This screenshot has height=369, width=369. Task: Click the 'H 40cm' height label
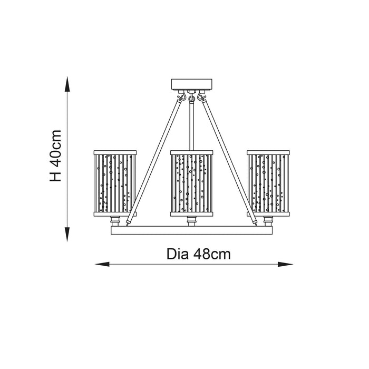(55, 156)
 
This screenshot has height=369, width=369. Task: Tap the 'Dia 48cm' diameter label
(199, 255)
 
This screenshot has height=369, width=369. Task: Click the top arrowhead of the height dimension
(67, 84)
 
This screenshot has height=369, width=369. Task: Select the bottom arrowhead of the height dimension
(67, 235)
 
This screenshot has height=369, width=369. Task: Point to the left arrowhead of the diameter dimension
(102, 264)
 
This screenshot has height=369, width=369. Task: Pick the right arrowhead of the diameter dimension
(285, 264)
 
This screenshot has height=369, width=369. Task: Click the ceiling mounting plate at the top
(191, 84)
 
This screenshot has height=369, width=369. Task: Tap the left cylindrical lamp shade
(115, 183)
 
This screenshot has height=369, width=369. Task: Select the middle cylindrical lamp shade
(191, 183)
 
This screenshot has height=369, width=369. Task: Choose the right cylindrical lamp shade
(268, 183)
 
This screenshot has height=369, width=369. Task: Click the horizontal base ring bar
(191, 230)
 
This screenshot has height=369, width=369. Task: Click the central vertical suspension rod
(191, 125)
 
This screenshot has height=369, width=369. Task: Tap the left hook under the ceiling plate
(182, 96)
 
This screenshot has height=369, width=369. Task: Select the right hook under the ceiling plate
(201, 96)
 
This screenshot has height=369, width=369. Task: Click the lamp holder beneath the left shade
(115, 221)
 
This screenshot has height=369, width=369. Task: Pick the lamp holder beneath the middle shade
(191, 221)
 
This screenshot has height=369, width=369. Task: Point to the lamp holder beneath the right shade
(268, 221)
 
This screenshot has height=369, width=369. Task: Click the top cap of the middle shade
(191, 152)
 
